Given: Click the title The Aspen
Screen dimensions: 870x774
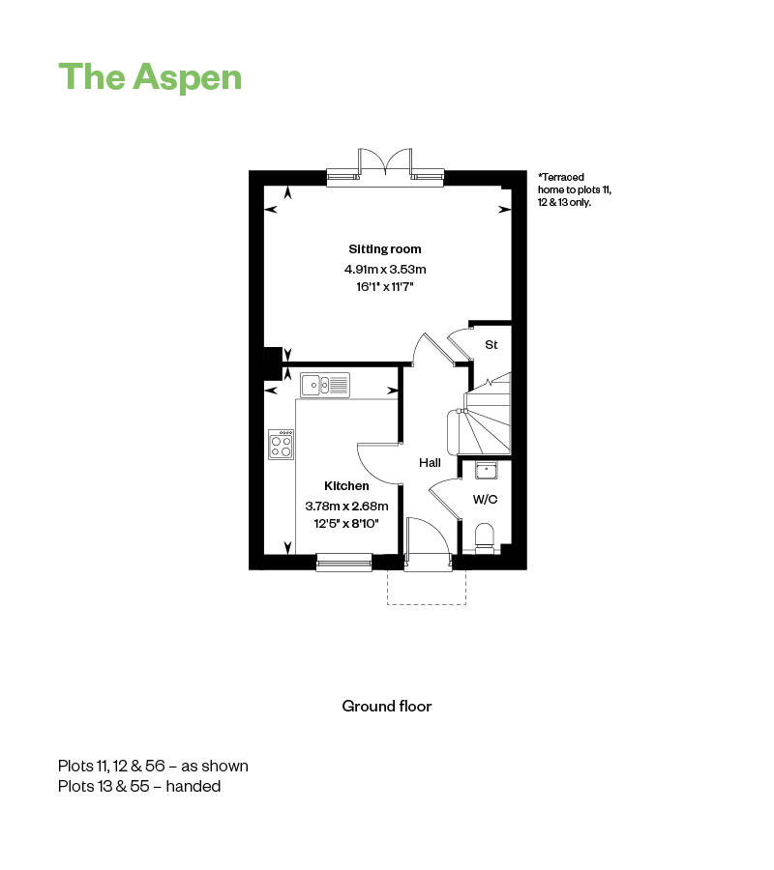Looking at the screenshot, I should (x=150, y=77).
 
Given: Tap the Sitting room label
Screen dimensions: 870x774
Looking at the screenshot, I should (x=385, y=249).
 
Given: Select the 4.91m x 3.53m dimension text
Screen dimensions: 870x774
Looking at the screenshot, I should (x=385, y=269).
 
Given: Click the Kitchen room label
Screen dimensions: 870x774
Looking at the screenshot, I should (x=346, y=486).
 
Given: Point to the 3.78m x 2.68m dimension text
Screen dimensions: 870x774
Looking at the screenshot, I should (x=346, y=506).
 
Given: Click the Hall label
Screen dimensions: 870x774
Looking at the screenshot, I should (x=430, y=463).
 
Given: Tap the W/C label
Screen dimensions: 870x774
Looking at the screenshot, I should (x=485, y=500).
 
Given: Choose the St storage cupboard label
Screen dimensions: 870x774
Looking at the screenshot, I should (x=491, y=344).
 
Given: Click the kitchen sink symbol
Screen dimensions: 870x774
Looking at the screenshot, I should (x=324, y=385).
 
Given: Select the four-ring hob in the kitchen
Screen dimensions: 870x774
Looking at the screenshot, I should (x=282, y=445).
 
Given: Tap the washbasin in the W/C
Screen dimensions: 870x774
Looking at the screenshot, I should (x=486, y=471).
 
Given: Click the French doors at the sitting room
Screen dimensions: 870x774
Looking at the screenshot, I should (x=385, y=164).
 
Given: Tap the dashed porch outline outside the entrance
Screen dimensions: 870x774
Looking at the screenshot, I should (x=427, y=590).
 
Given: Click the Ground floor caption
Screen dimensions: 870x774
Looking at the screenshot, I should (x=387, y=706).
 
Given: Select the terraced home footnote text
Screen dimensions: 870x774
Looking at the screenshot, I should (x=575, y=190).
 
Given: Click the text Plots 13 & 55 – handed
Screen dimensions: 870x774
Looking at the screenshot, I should (x=139, y=787).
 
